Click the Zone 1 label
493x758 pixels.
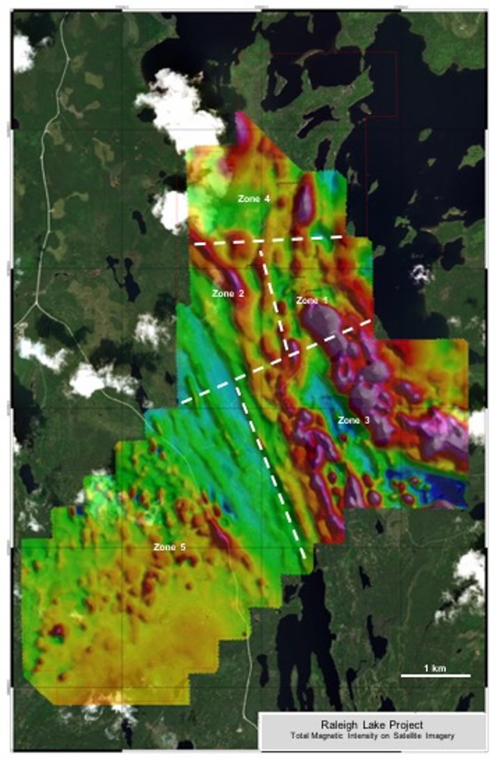coord(311,300)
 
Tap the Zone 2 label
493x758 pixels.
coord(228,294)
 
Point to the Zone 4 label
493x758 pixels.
coord(253,199)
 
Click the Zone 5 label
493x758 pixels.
coord(169,548)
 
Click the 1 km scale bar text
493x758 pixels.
coord(435,668)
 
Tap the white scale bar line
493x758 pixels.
coord(435,675)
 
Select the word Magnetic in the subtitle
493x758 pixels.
coord(342,736)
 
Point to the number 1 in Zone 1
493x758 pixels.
coord(324,300)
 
